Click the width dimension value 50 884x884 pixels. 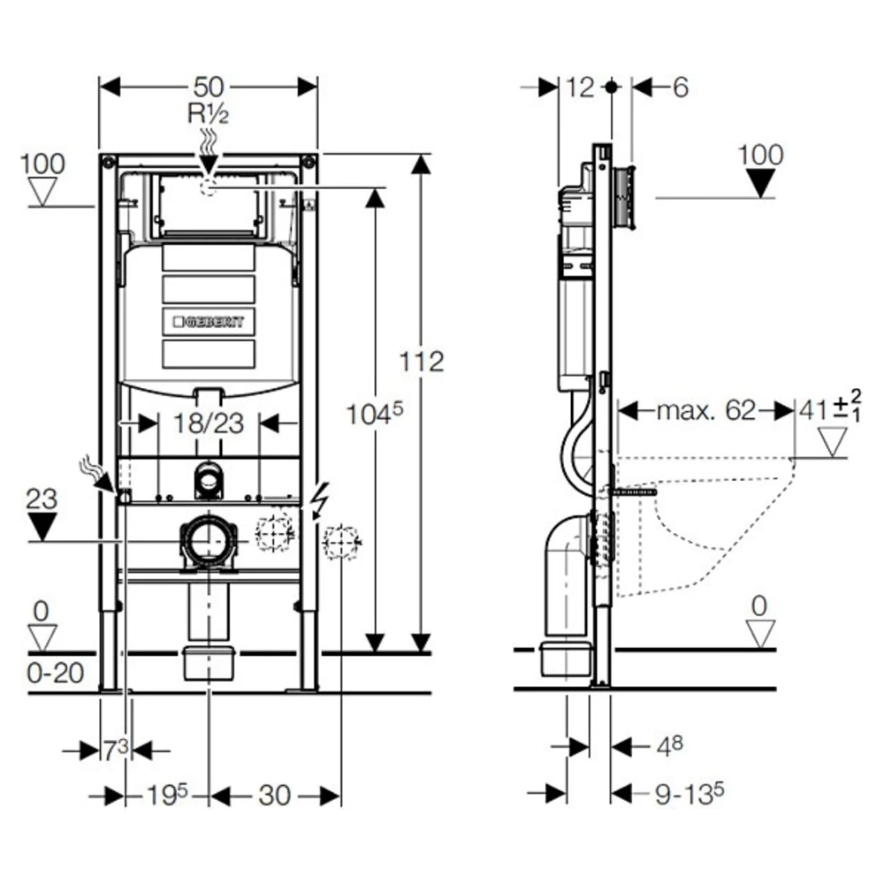[x=209, y=87]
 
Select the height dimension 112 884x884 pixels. [x=421, y=362]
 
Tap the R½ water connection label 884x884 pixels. [x=207, y=114]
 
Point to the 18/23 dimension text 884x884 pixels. [x=209, y=423]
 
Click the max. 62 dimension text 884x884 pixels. [x=705, y=410]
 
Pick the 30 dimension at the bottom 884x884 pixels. [x=275, y=796]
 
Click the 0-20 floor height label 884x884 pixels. [x=55, y=674]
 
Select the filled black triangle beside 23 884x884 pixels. [x=42, y=527]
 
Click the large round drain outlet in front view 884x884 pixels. [x=209, y=541]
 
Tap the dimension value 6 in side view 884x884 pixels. [x=679, y=87]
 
